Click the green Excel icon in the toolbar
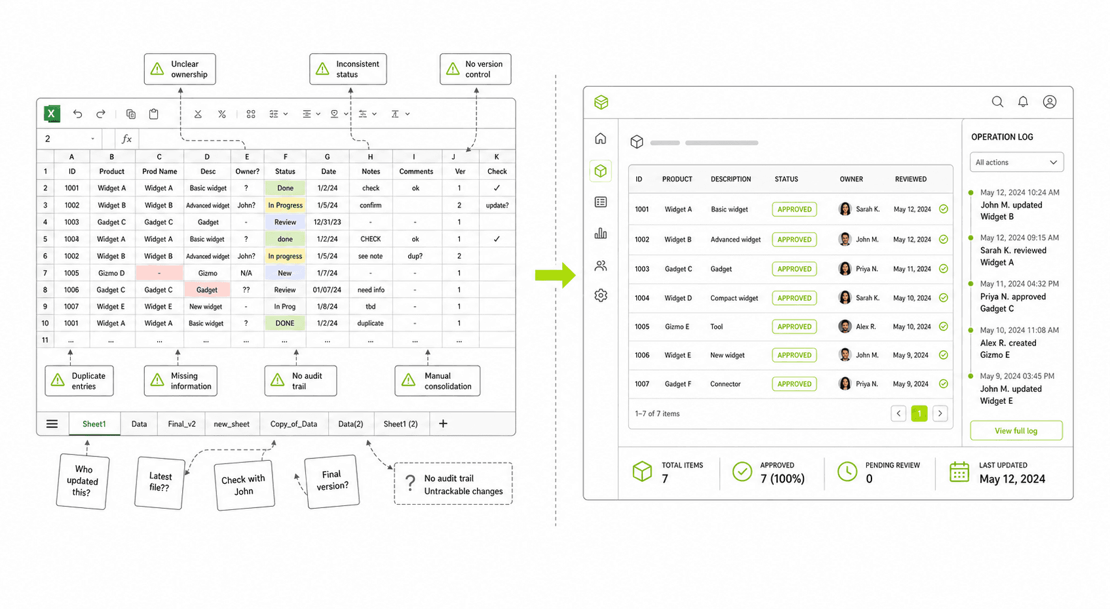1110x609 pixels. (52, 113)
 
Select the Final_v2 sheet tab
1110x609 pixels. (182, 424)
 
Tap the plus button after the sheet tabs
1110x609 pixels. (443, 423)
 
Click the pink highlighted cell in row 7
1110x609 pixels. (159, 273)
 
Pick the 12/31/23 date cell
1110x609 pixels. (327, 222)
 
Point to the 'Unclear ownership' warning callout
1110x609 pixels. (180, 69)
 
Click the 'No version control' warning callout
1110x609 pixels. (475, 69)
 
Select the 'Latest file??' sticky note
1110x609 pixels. (160, 482)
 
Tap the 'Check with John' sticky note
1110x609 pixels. (244, 485)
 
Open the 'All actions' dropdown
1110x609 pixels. (1016, 162)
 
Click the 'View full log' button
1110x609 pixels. (1016, 431)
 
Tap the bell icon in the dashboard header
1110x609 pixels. (1023, 102)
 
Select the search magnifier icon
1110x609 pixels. (997, 102)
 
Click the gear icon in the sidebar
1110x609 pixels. (601, 296)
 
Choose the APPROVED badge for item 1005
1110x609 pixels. (794, 326)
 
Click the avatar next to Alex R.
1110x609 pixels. (845, 326)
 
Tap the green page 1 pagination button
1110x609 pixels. (919, 413)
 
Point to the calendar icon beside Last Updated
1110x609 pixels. (959, 471)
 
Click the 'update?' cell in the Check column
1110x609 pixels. (497, 205)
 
